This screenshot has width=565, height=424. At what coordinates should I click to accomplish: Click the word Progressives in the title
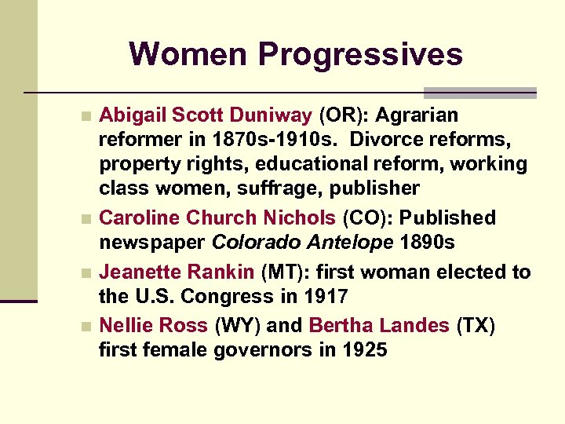[361, 54]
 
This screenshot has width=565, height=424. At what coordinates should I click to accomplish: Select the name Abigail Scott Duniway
[206, 116]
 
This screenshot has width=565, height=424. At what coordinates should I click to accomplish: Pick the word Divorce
[389, 141]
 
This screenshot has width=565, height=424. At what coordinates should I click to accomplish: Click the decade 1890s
[427, 243]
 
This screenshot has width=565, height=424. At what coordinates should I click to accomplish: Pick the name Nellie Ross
[153, 325]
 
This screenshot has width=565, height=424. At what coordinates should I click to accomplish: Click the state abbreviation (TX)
[476, 325]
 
